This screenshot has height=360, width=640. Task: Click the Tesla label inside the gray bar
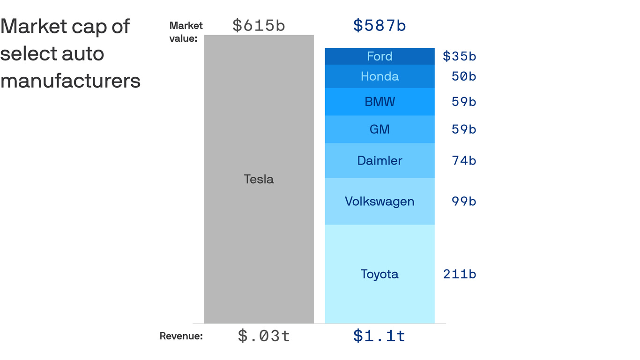coord(259,179)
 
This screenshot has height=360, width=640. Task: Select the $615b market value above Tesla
coord(259,26)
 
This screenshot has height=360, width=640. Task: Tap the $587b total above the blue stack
coord(380,26)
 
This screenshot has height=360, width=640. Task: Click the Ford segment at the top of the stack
coord(380,56)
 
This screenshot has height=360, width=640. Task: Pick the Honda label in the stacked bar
coord(380,76)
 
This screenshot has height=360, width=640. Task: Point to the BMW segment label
coord(380,102)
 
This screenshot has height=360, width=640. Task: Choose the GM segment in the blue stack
coord(380,129)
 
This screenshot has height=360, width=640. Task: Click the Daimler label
coord(380,161)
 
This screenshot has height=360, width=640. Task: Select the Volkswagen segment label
coord(380,202)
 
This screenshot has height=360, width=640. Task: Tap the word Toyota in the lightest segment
coord(380,274)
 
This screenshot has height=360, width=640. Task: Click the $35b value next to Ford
coord(459,56)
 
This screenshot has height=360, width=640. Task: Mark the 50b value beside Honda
coord(464,76)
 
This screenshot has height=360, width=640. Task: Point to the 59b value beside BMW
coord(464,102)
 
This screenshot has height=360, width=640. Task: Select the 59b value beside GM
coord(464,129)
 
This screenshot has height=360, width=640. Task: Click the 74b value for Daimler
coord(464,161)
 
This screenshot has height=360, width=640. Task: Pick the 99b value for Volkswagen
coord(464,202)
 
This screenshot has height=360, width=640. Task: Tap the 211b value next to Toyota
coord(460,274)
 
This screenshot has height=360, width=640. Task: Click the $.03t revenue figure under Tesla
coord(264,336)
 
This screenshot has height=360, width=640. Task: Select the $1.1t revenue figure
coord(380,336)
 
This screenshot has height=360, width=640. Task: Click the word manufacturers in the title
coord(70,81)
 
